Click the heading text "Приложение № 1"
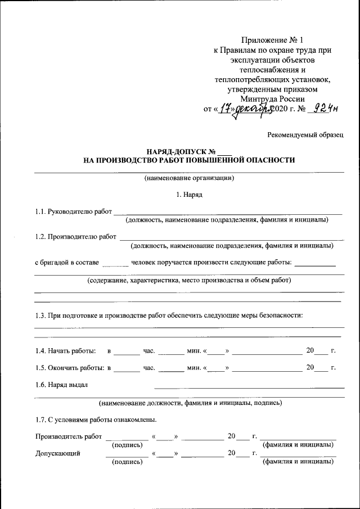[x=272, y=39]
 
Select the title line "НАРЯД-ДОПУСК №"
[x=181, y=151]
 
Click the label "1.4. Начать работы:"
[x=65, y=351]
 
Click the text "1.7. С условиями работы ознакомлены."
[x=96, y=420]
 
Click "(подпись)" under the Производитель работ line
[x=127, y=444]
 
